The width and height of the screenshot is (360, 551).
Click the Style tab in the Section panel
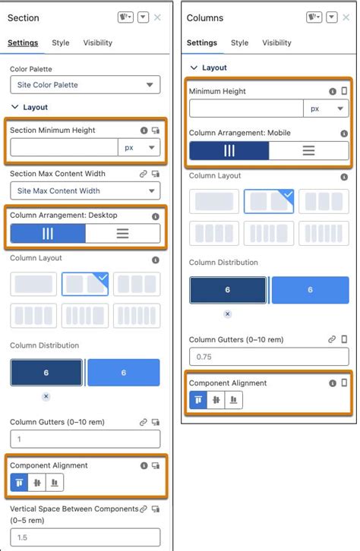[x=61, y=43]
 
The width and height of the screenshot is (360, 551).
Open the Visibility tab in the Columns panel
[x=276, y=43]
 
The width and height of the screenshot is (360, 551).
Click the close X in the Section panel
[x=157, y=17]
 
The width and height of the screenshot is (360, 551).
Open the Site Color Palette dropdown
[x=85, y=85]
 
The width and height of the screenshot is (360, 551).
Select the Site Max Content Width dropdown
[x=85, y=191]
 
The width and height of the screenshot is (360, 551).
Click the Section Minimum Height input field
[x=64, y=148]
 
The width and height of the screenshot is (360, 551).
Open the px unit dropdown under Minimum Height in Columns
[x=326, y=109]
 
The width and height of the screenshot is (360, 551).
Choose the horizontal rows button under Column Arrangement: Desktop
[x=122, y=234]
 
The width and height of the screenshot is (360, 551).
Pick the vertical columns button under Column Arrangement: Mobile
[x=229, y=150]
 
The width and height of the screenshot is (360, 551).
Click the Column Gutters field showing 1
[x=85, y=439]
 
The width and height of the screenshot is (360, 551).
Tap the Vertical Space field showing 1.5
[x=85, y=537]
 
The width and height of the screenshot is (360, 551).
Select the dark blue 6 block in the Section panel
[x=46, y=373]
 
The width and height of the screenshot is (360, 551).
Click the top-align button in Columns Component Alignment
[x=197, y=400]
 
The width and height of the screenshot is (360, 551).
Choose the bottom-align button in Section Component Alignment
[x=55, y=482]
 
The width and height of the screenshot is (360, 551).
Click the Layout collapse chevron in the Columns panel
[x=194, y=68]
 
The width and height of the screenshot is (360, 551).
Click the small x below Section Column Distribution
[x=46, y=396]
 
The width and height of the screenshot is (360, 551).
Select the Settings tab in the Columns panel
[x=202, y=43]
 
